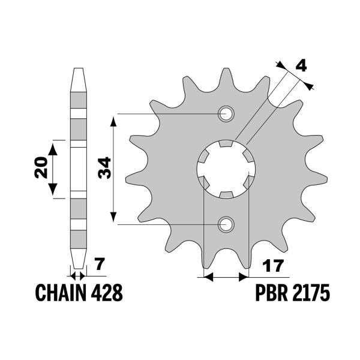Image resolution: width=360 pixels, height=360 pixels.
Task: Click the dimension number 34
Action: pyautogui.click(x=103, y=169)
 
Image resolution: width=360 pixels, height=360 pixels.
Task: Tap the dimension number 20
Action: pyautogui.click(x=41, y=169)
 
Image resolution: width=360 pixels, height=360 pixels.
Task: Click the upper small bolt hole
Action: pyautogui.click(x=227, y=113)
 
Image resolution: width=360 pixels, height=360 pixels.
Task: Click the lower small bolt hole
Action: pyautogui.click(x=227, y=224)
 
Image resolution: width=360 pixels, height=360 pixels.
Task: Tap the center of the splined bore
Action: pyautogui.click(x=227, y=169)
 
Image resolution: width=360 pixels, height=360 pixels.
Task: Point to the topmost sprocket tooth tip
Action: pyautogui.click(x=227, y=70)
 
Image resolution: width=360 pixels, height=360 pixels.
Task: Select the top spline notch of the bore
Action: pyautogui.click(x=227, y=144)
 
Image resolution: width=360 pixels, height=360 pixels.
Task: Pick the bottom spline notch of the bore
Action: pyautogui.click(x=227, y=194)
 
